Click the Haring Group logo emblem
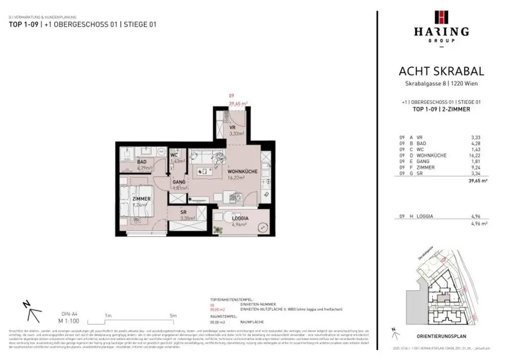click(x=441, y=17)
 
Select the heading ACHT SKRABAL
click(x=441, y=72)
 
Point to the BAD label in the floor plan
click(x=142, y=162)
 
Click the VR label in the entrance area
click(x=232, y=128)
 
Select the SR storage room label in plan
click(x=183, y=212)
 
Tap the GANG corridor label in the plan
click(x=179, y=182)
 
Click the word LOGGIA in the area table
click(x=425, y=216)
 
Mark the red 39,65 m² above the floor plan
click(x=238, y=103)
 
